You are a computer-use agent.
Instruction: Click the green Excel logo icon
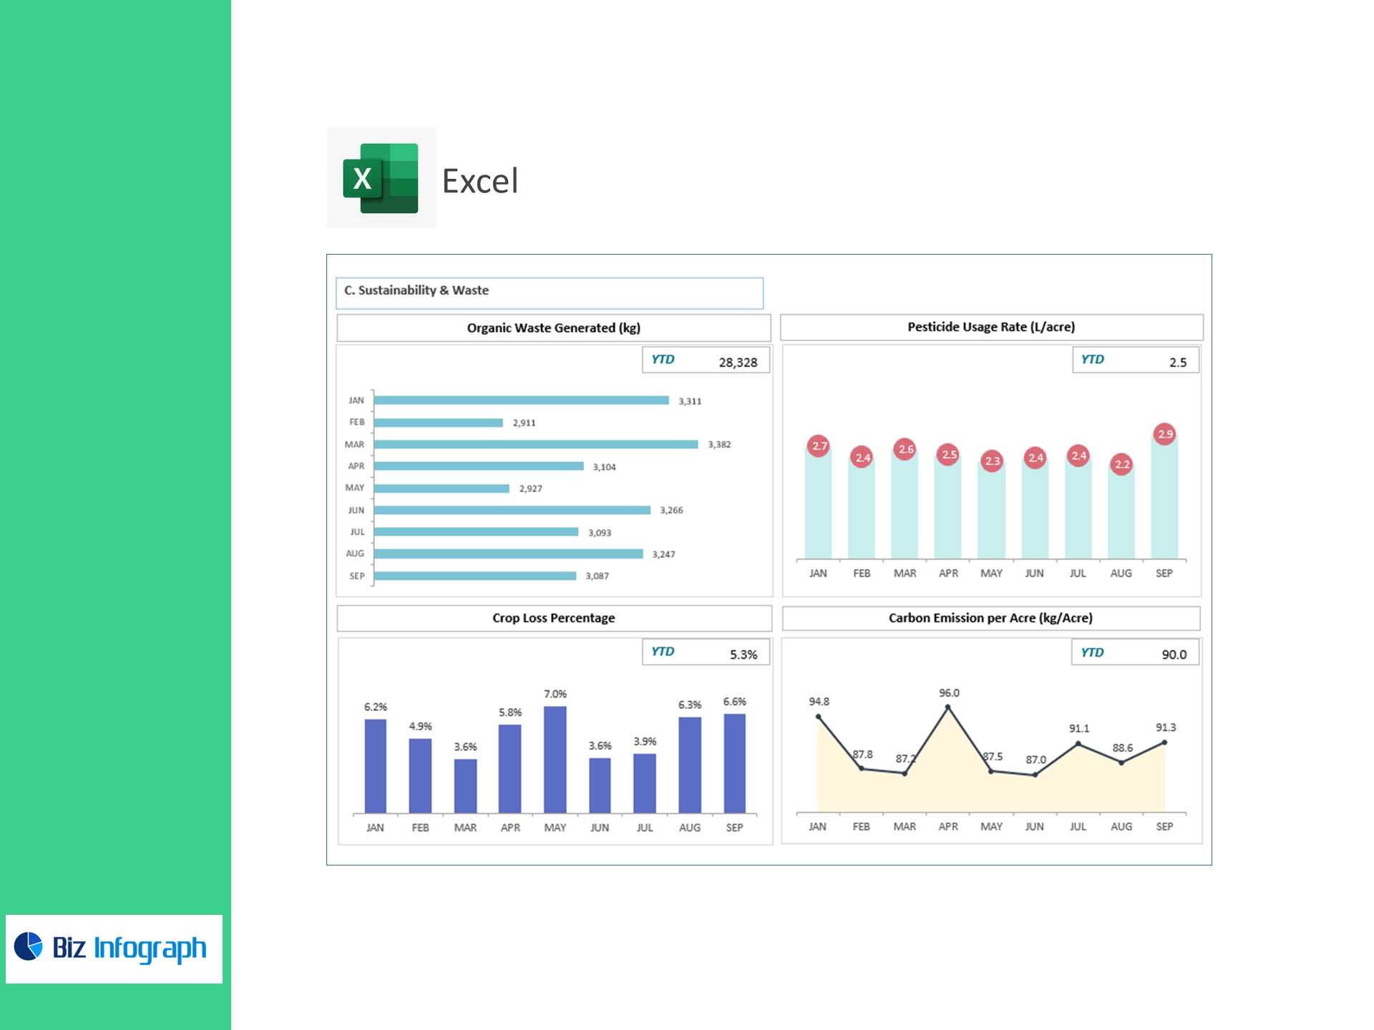(381, 178)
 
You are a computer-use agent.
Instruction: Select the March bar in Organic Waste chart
(535, 444)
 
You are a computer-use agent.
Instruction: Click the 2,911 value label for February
(524, 423)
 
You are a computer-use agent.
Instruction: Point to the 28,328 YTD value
(738, 363)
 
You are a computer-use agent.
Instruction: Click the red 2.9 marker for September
(1165, 433)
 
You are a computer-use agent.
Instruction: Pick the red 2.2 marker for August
(1121, 464)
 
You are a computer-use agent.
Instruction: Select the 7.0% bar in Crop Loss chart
(555, 759)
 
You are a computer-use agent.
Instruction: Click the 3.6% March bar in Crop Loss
(465, 785)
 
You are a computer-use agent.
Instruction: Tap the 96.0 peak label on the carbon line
(949, 693)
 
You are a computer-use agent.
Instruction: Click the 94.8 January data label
(819, 702)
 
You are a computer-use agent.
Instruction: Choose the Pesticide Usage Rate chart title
(991, 327)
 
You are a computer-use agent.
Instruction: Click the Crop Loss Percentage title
(553, 618)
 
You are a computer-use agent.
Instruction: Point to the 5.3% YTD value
(744, 654)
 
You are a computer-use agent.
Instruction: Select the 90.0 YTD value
(1174, 654)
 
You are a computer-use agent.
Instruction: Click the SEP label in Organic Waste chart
(356, 576)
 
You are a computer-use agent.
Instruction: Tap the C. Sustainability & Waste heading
(416, 290)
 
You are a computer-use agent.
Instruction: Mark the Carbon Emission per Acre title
(990, 618)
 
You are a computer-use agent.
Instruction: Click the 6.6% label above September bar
(734, 702)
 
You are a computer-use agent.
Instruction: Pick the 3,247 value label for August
(663, 554)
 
